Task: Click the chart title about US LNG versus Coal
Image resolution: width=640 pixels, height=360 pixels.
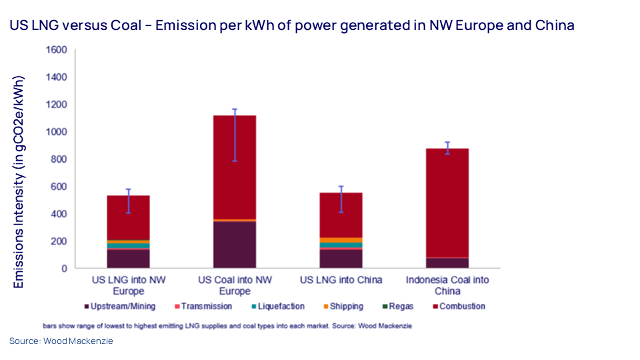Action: point(291,26)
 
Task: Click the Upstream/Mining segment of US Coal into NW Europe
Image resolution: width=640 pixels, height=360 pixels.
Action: point(234,245)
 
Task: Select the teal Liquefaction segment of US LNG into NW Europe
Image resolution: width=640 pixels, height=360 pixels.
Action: point(128,246)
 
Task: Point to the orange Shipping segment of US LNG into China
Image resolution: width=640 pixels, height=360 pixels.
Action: point(341,240)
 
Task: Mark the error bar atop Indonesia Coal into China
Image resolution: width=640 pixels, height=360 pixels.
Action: point(447,148)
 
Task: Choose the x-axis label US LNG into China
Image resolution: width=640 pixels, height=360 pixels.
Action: point(341,280)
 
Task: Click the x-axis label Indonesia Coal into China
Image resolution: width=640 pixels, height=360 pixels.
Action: point(447,285)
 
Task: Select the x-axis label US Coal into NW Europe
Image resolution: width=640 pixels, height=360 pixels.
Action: point(234,285)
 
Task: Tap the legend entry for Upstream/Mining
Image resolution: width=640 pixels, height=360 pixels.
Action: point(119,307)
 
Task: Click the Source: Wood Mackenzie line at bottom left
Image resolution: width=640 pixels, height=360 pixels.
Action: point(61,341)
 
